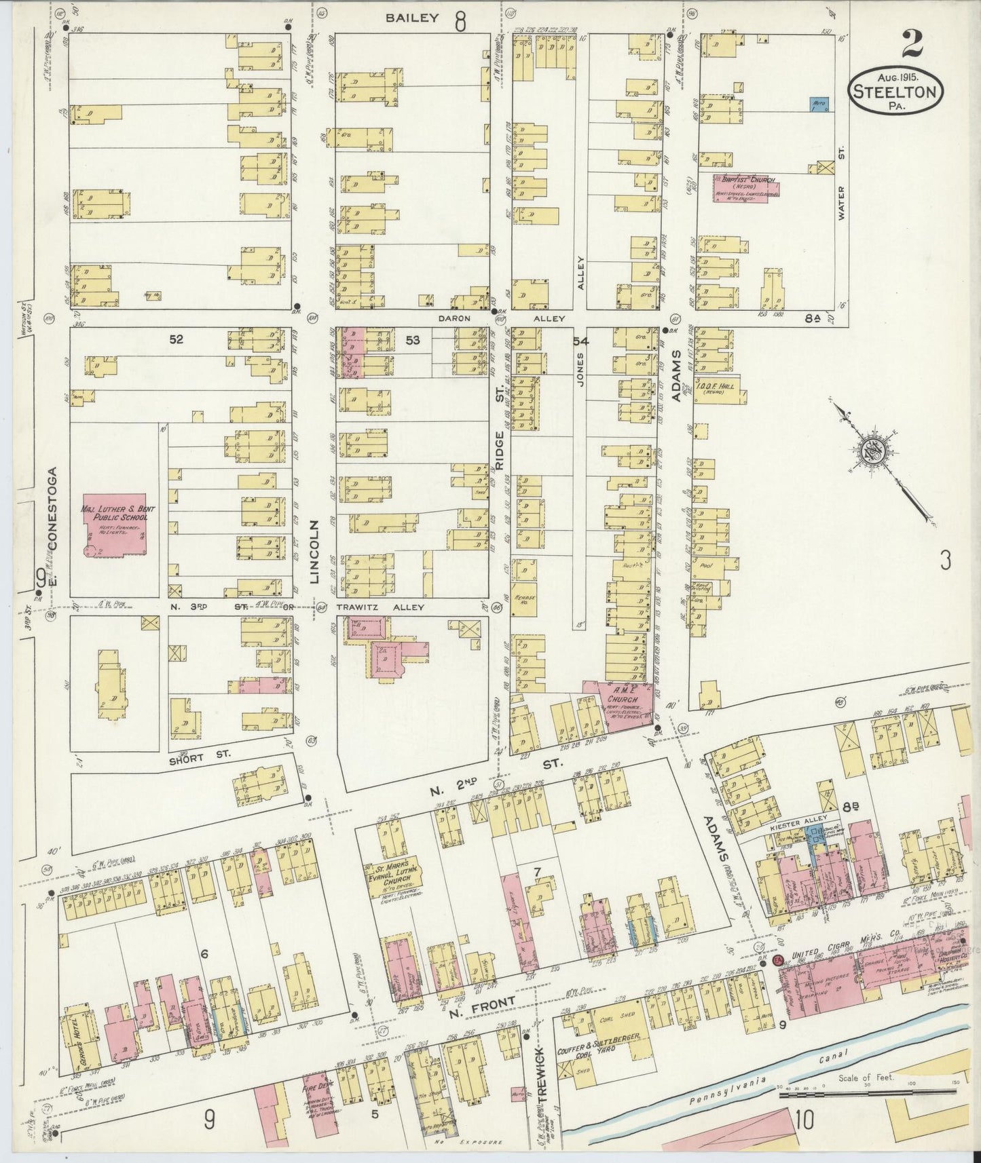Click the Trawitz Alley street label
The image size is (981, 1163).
coord(389,608)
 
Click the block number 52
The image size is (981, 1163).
coord(177,339)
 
